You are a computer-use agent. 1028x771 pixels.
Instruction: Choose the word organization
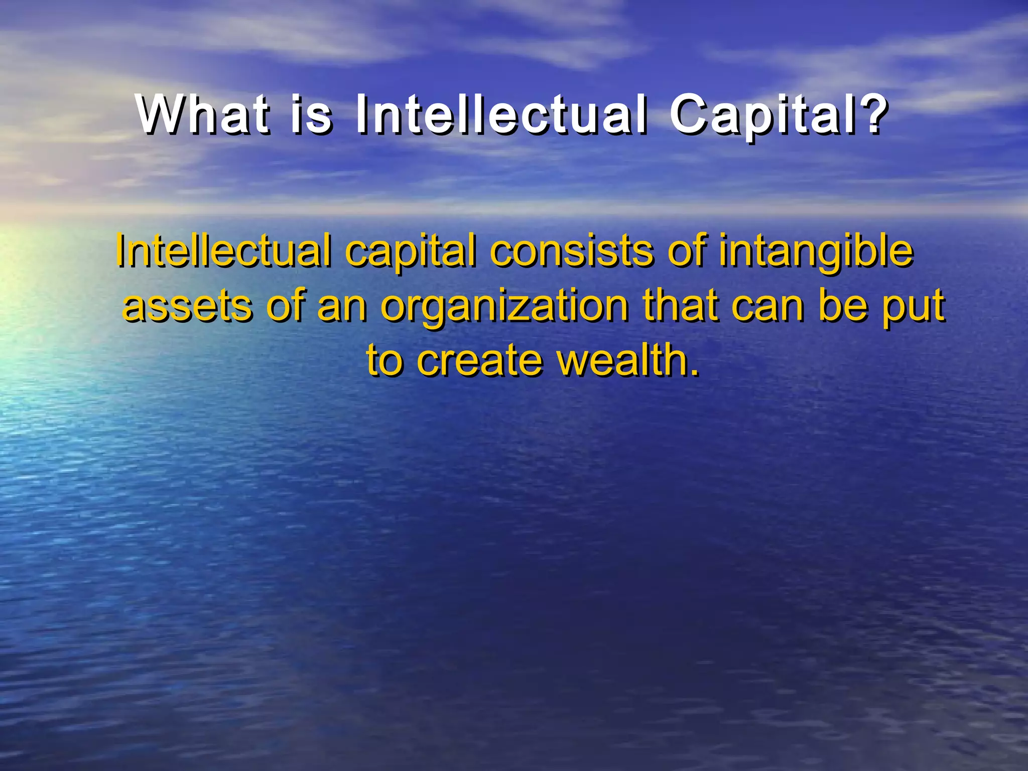point(504,307)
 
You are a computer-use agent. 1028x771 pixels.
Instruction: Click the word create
point(479,360)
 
